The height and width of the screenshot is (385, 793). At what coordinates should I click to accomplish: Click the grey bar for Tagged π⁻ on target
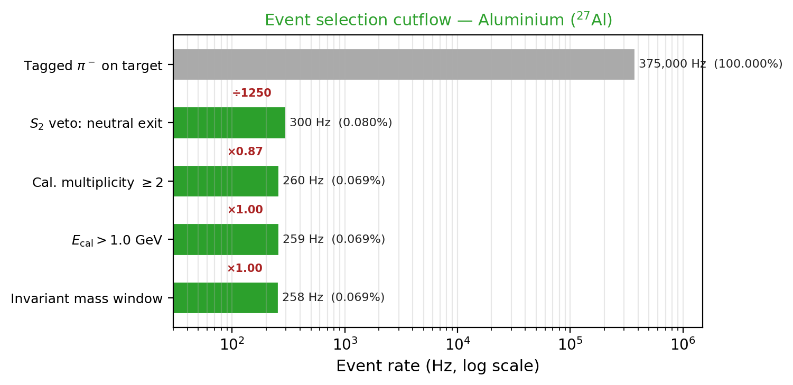404,64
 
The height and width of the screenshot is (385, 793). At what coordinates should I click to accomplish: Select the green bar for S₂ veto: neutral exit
229,123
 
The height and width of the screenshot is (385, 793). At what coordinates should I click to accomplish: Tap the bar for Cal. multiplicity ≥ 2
226,181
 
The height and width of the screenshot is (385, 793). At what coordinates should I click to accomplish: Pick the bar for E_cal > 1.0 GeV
226,239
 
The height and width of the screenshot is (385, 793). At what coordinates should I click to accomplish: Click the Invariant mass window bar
226,298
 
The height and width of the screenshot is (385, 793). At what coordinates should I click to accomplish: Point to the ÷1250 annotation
252,93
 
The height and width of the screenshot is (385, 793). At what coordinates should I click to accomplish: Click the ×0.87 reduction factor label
245,152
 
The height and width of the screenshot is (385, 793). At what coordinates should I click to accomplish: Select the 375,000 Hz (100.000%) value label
711,64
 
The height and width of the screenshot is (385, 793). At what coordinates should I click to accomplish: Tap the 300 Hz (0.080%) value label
341,123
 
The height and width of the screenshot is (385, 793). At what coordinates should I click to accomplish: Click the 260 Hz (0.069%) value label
334,181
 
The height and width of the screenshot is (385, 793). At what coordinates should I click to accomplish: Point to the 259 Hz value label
334,239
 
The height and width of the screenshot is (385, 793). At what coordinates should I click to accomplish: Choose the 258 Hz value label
333,297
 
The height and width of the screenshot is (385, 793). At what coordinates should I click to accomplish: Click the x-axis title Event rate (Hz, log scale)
437,366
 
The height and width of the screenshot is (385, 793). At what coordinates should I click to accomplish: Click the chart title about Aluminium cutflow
438,20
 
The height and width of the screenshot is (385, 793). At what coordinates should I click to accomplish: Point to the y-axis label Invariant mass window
87,299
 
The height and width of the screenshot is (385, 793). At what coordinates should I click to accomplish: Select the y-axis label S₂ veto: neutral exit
96,124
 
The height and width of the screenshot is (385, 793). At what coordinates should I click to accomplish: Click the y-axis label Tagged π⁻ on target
93,66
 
